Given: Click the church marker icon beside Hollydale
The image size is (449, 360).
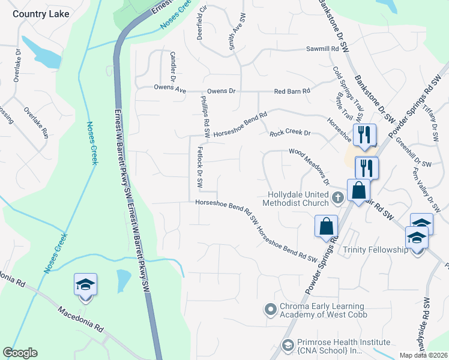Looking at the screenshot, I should click(338, 197).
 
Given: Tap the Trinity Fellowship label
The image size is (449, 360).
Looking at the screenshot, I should click(375, 250).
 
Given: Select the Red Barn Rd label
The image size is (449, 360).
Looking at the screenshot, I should click(292, 91).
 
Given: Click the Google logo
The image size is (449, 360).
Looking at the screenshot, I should click(20, 353).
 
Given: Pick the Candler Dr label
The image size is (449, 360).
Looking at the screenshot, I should click(173, 67).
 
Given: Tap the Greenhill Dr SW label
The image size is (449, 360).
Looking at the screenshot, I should click(413, 154).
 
